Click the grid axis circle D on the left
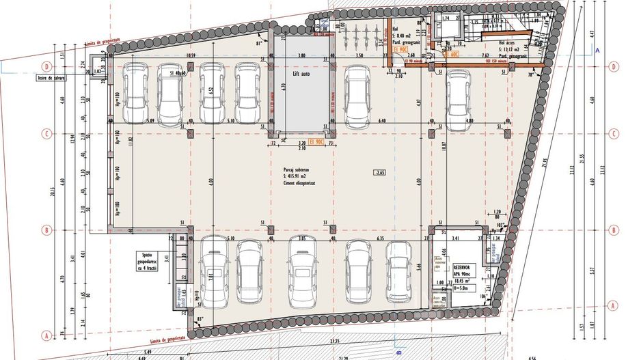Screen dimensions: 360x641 (47, 67)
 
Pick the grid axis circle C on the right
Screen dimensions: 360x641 (613, 133)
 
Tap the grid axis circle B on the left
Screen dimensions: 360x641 (47, 230)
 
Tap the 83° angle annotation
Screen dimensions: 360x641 (199, 319)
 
